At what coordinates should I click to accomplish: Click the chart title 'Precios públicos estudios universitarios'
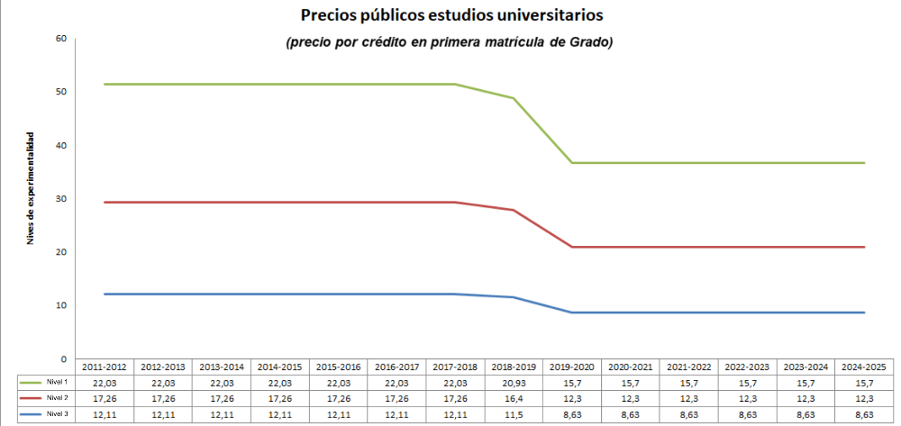point(451,15)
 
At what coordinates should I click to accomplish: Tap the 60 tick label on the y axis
point(61,39)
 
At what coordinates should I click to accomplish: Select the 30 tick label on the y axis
point(61,199)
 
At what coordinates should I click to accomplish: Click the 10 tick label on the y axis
point(61,305)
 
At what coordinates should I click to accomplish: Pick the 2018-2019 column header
point(514,367)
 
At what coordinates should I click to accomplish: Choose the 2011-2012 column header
point(105,367)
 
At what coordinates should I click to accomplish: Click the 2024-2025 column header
point(864,367)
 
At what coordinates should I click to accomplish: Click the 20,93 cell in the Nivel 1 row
point(514,383)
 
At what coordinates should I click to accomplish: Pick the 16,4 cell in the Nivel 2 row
point(514,398)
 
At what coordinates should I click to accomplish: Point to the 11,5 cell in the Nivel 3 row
point(514,413)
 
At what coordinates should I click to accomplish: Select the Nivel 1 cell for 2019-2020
point(572,383)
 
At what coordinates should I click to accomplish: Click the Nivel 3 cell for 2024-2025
point(864,413)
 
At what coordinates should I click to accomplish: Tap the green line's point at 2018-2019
point(514,98)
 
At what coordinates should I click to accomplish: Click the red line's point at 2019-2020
point(572,247)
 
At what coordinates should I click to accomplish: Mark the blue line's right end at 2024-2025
point(864,313)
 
